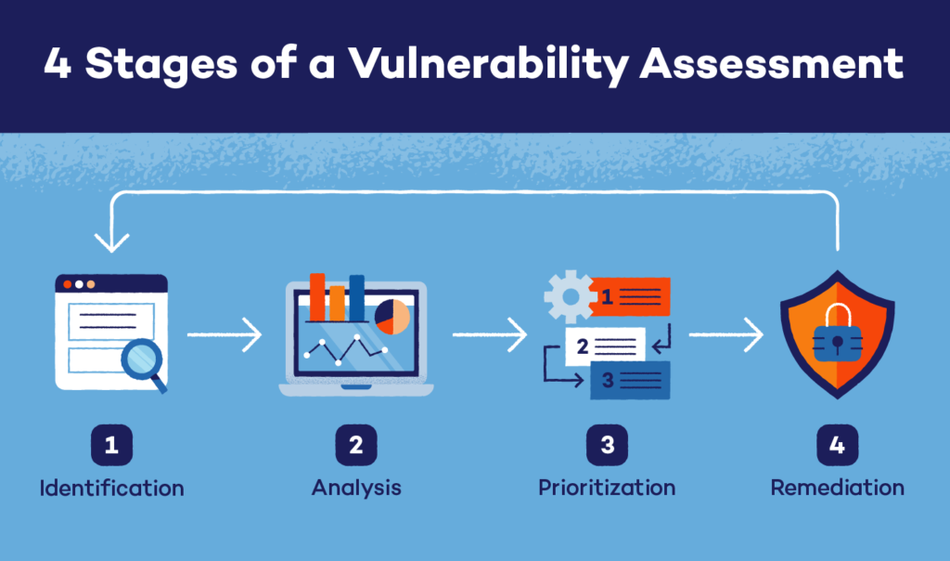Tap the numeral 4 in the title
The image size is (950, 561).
click(58, 64)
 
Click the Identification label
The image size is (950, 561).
click(111, 488)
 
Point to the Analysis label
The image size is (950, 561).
click(355, 488)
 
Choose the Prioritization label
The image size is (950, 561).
click(607, 488)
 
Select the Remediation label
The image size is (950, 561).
click(837, 488)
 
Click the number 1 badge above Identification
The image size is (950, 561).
click(111, 446)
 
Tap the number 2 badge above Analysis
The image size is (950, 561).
click(355, 446)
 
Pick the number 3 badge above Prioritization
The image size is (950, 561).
click(607, 446)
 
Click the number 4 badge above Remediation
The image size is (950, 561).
click(837, 446)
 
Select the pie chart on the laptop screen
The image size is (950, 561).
click(392, 317)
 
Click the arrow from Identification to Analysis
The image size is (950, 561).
click(225, 335)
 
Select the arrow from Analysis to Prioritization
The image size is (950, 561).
click(490, 335)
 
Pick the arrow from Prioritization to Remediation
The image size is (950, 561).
click(725, 335)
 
